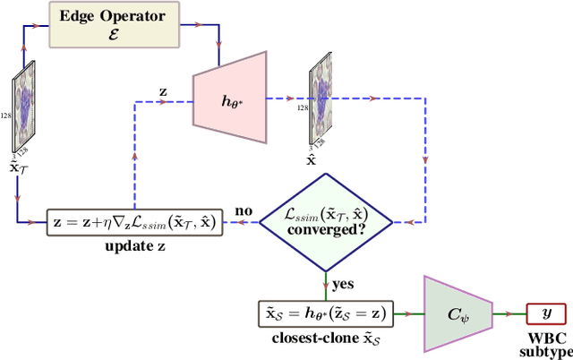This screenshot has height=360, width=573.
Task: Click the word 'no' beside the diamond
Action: pos(244,211)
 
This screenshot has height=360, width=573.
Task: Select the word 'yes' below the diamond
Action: pos(341,284)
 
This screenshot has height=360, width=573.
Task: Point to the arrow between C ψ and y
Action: pos(506,313)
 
